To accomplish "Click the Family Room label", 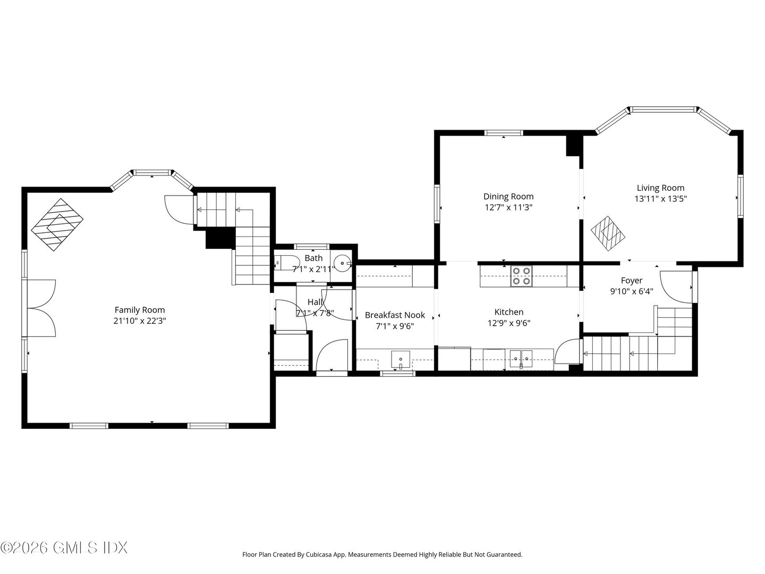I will point(140,310).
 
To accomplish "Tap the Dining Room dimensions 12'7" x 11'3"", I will point(508,208).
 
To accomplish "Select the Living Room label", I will point(660,188).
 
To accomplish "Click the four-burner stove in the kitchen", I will point(521,276).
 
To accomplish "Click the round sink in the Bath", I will point(342,263).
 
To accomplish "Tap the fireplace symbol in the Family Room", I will point(58,225).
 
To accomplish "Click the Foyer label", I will point(632,281).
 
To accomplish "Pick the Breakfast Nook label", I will point(395,315).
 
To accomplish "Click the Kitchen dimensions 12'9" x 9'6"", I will point(509,323).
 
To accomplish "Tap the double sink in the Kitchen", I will point(521,359).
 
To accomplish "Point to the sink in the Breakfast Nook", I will point(399,359).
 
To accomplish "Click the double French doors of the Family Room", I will point(41,308).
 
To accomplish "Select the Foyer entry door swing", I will point(675,287).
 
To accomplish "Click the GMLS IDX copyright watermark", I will point(64,547).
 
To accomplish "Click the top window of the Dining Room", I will point(504,133).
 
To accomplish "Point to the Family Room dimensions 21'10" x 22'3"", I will point(140,321).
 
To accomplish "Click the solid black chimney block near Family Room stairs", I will point(219,238).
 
